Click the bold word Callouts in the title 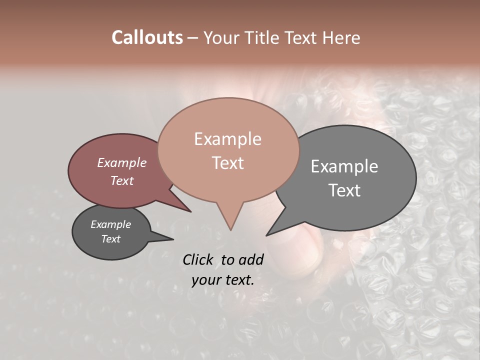click(x=147, y=37)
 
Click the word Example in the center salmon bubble click(x=227, y=139)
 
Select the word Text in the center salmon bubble click(x=227, y=163)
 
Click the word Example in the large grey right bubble click(x=344, y=166)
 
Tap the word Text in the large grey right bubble click(x=344, y=190)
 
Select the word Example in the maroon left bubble click(x=122, y=162)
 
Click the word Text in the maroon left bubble click(x=122, y=180)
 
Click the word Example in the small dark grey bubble click(x=110, y=224)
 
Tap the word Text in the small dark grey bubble click(x=110, y=239)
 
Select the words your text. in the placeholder click(x=223, y=280)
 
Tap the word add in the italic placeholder click(x=251, y=259)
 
